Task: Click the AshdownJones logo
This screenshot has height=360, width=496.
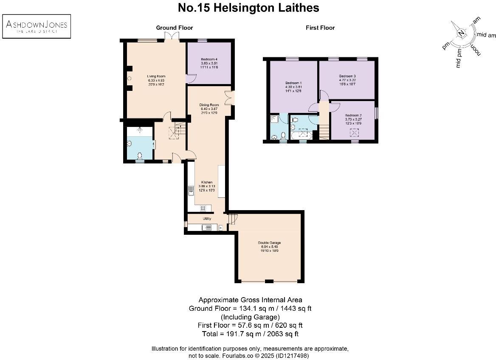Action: tap(37, 26)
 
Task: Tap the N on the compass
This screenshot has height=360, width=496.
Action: tap(461, 34)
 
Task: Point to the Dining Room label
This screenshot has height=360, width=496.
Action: tap(209, 104)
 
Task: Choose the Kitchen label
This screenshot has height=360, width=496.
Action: tap(207, 182)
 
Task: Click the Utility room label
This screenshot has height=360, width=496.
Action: tap(207, 219)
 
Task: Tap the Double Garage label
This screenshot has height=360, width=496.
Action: tap(269, 243)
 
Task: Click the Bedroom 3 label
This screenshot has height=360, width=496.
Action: tap(347, 76)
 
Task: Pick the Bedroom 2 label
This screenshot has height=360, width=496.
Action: tap(353, 115)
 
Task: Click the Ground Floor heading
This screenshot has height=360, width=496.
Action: tap(174, 28)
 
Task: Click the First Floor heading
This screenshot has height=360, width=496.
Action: tap(320, 28)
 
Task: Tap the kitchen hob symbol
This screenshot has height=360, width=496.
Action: tap(203, 208)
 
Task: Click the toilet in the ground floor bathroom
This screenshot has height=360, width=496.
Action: tap(140, 156)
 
